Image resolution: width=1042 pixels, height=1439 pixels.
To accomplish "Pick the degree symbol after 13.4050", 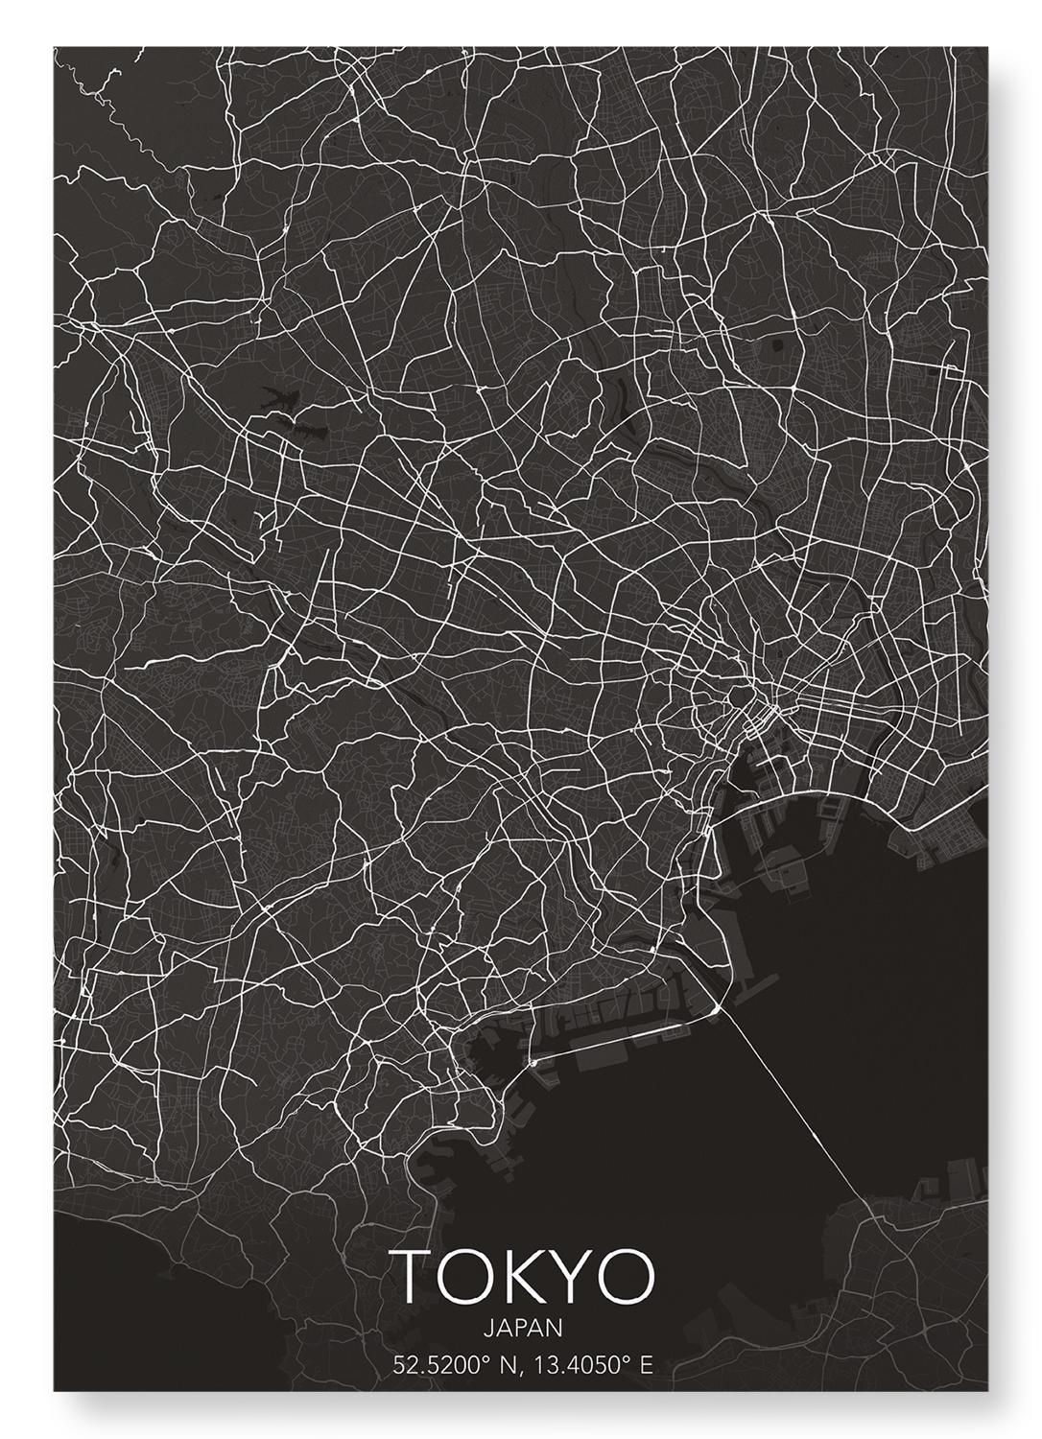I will point(628,1359).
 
